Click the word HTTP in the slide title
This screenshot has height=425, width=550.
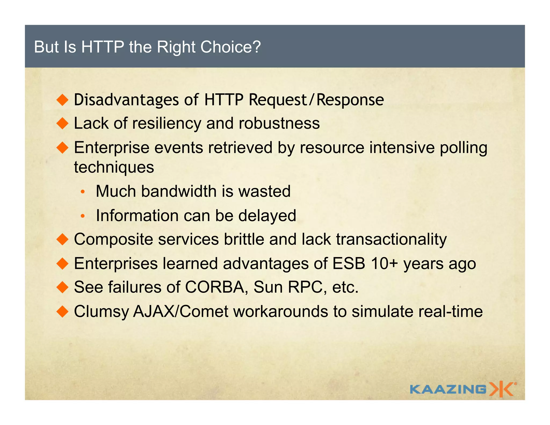103,47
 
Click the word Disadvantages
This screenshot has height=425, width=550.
126,100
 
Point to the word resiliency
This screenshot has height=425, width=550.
167,124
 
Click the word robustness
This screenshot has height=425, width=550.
279,124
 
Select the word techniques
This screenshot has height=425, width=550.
114,167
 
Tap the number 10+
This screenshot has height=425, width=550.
384,264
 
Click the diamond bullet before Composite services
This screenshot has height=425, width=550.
63,239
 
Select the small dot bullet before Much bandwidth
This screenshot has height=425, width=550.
83,192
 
